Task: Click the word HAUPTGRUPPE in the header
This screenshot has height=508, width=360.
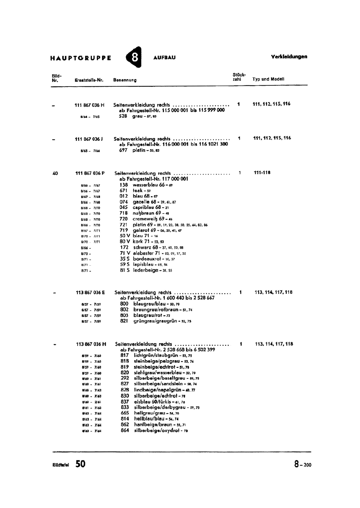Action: [81, 58]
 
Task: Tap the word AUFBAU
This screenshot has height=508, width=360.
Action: [164, 58]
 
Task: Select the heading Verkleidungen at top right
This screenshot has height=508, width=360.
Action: [289, 57]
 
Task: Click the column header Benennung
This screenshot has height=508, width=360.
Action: [125, 80]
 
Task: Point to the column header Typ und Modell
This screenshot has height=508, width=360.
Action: [268, 79]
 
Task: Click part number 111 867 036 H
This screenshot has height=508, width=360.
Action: [89, 105]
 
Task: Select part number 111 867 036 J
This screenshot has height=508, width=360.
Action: [90, 139]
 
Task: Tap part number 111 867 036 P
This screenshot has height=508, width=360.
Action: [90, 173]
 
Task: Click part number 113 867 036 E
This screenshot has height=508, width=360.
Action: [90, 293]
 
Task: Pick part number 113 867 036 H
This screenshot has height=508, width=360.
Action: [91, 344]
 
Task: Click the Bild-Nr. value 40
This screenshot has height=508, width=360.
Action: [55, 173]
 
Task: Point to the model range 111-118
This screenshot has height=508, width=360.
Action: [262, 173]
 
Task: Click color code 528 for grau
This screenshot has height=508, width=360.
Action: [123, 116]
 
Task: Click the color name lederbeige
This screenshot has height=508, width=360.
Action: [145, 270]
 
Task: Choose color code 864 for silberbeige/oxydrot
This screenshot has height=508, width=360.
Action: [125, 431]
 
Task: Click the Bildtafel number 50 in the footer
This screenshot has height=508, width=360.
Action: [80, 464]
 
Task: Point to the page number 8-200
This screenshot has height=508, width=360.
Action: [303, 465]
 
